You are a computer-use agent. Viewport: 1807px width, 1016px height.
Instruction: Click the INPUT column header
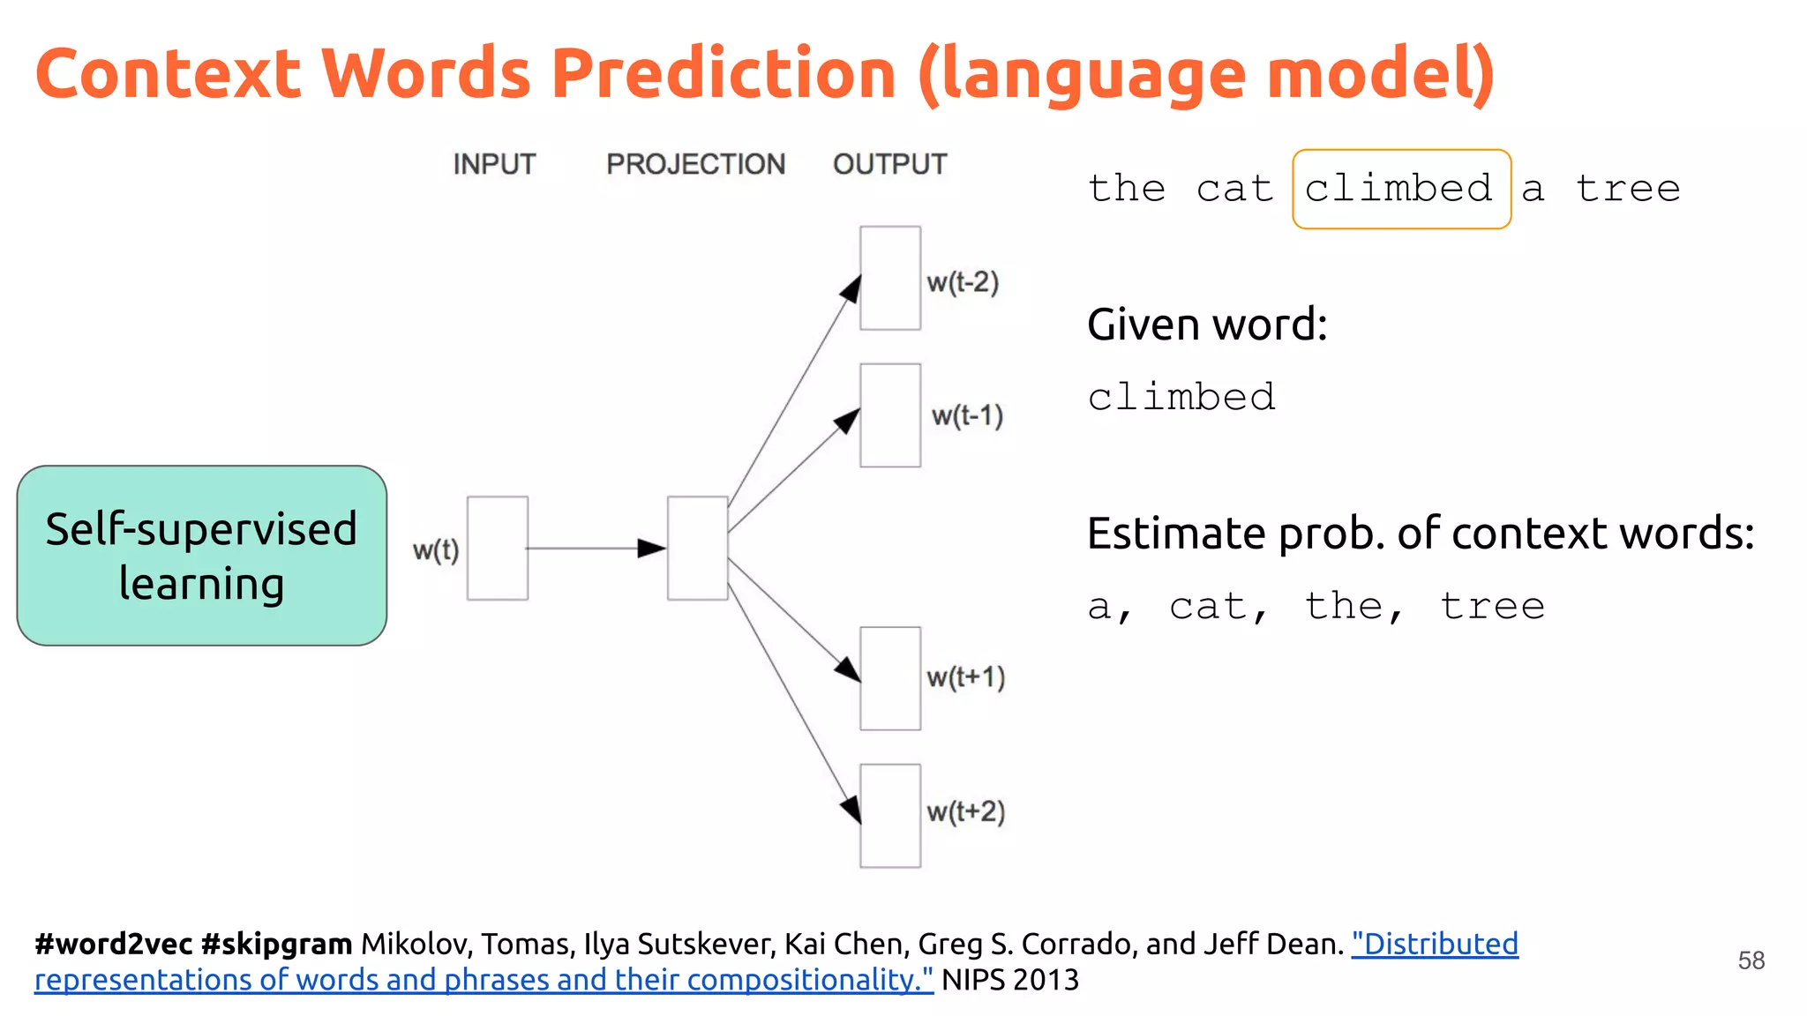pos(494,164)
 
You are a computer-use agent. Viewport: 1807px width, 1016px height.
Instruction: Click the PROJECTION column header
pos(695,164)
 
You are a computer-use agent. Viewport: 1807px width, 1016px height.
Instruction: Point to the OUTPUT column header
pos(889,164)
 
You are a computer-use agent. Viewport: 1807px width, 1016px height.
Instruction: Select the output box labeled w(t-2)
pos(890,278)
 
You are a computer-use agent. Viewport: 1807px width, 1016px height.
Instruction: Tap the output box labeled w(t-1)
pos(890,415)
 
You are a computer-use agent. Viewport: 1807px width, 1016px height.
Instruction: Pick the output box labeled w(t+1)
pos(890,678)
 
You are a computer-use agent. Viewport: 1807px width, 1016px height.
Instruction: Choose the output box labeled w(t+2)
pos(890,815)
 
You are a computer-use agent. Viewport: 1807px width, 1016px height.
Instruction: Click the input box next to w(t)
pos(498,548)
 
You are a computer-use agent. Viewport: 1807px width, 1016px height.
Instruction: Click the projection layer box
pos(697,548)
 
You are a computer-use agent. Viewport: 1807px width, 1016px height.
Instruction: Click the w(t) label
pos(436,550)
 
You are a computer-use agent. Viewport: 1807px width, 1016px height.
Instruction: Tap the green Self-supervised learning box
pos(201,556)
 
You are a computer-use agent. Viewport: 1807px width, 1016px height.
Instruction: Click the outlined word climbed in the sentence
pos(1400,189)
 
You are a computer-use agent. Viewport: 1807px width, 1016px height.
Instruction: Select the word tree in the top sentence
pos(1628,189)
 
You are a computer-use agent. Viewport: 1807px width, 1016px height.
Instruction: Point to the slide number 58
pos(1751,960)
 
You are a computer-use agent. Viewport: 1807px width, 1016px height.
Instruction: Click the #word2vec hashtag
pos(113,944)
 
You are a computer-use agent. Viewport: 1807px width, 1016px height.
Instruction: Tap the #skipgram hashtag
pos(276,944)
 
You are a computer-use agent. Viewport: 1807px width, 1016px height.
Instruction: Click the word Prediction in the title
pos(724,74)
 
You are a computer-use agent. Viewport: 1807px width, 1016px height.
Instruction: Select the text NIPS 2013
pos(1010,980)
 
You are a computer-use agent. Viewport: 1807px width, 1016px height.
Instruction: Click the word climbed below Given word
pos(1181,398)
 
